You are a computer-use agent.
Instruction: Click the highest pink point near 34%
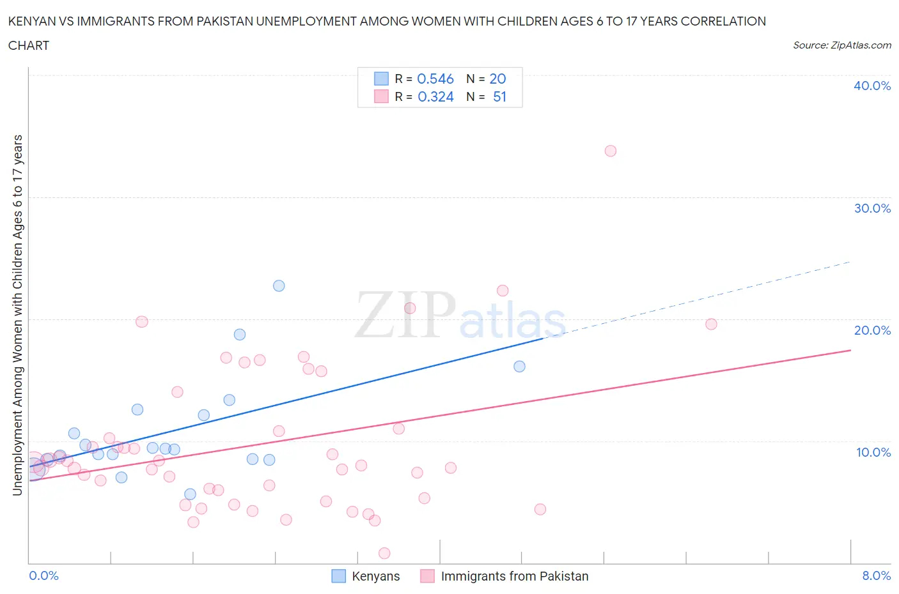coord(610,151)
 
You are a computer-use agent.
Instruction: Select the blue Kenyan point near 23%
coord(279,286)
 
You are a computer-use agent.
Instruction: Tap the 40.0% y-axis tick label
coord(872,86)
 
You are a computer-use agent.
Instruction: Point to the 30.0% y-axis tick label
coord(872,208)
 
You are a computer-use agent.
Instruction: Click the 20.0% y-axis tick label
coord(872,330)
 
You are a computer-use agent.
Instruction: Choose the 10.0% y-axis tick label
coord(873,452)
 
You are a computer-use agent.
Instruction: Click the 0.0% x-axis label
coord(43,575)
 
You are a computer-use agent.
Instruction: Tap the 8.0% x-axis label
coord(876,575)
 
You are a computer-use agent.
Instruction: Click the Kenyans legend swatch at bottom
coord(338,576)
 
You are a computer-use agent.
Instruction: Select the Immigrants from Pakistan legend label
coord(514,576)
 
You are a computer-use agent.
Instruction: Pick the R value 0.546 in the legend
coord(435,79)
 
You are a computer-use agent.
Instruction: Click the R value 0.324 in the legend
coord(435,96)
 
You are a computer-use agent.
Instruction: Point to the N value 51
coord(499,96)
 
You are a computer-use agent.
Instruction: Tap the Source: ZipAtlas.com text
coord(841,45)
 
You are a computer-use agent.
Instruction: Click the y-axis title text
coord(18,315)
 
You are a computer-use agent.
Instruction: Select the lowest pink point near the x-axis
coord(384,553)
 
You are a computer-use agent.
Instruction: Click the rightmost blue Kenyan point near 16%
coord(519,366)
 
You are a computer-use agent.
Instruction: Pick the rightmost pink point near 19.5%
coord(711,324)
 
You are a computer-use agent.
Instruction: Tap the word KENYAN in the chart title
coord(33,21)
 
